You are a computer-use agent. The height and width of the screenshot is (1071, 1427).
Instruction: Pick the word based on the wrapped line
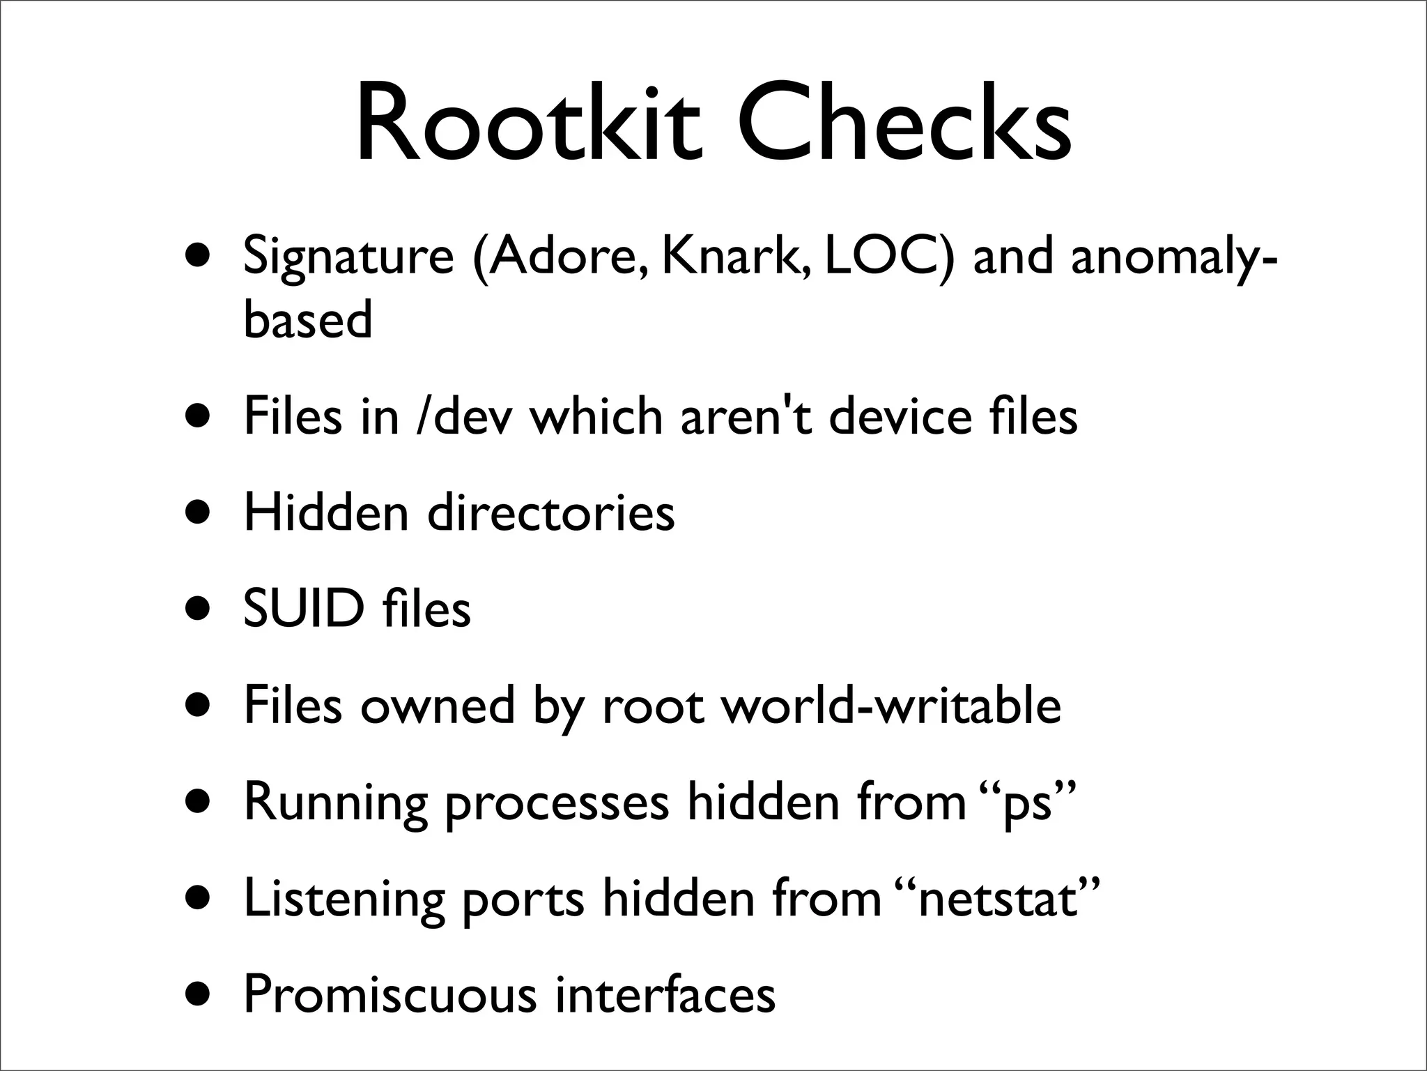[308, 319]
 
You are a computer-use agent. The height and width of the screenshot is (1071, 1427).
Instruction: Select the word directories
[550, 513]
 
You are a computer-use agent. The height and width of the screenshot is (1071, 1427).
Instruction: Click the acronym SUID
[304, 609]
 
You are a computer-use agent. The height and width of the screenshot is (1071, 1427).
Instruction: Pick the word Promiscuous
[390, 995]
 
